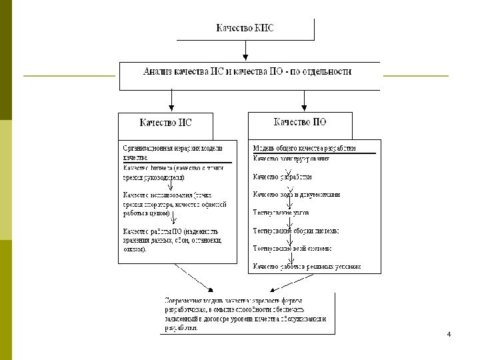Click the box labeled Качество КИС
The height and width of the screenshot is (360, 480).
click(x=245, y=28)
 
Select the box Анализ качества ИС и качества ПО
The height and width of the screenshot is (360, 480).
click(x=247, y=71)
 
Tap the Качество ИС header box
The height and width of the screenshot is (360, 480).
click(x=165, y=123)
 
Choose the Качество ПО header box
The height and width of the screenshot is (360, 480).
click(x=300, y=122)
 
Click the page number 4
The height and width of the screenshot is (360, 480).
click(x=449, y=333)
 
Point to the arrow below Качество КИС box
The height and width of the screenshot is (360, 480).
click(x=245, y=51)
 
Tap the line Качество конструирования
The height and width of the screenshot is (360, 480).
click(x=291, y=159)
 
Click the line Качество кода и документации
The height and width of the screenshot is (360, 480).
click(x=296, y=195)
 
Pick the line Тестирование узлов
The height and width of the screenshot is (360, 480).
click(x=280, y=213)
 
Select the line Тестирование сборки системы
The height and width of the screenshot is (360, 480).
click(x=295, y=231)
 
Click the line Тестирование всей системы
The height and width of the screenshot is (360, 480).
click(x=292, y=248)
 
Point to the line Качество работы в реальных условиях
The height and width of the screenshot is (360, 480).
click(x=306, y=266)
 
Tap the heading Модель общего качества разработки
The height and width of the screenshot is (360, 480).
click(x=304, y=148)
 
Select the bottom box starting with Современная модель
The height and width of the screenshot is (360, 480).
click(x=249, y=313)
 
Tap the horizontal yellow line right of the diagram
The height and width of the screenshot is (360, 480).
click(x=416, y=76)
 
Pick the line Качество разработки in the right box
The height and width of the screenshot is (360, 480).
click(x=282, y=177)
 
